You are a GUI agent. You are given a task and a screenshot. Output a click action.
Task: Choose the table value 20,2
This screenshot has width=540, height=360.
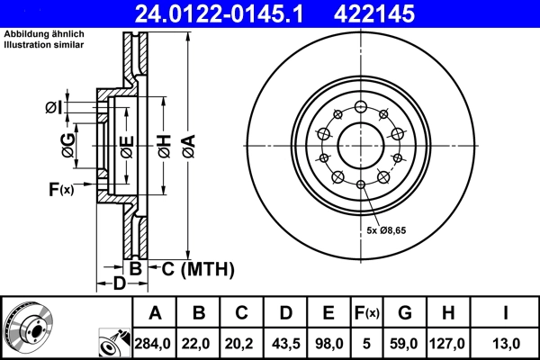(x=242, y=342)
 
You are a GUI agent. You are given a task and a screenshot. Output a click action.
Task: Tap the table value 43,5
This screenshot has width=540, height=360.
(x=285, y=342)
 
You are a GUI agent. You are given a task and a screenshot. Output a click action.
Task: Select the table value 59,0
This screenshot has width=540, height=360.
(x=405, y=342)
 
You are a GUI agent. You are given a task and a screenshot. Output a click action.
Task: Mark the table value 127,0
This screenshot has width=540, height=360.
(x=447, y=342)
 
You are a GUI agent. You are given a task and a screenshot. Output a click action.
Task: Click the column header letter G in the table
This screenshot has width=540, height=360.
(x=405, y=313)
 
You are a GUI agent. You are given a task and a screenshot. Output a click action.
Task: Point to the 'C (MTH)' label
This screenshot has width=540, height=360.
(x=197, y=268)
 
